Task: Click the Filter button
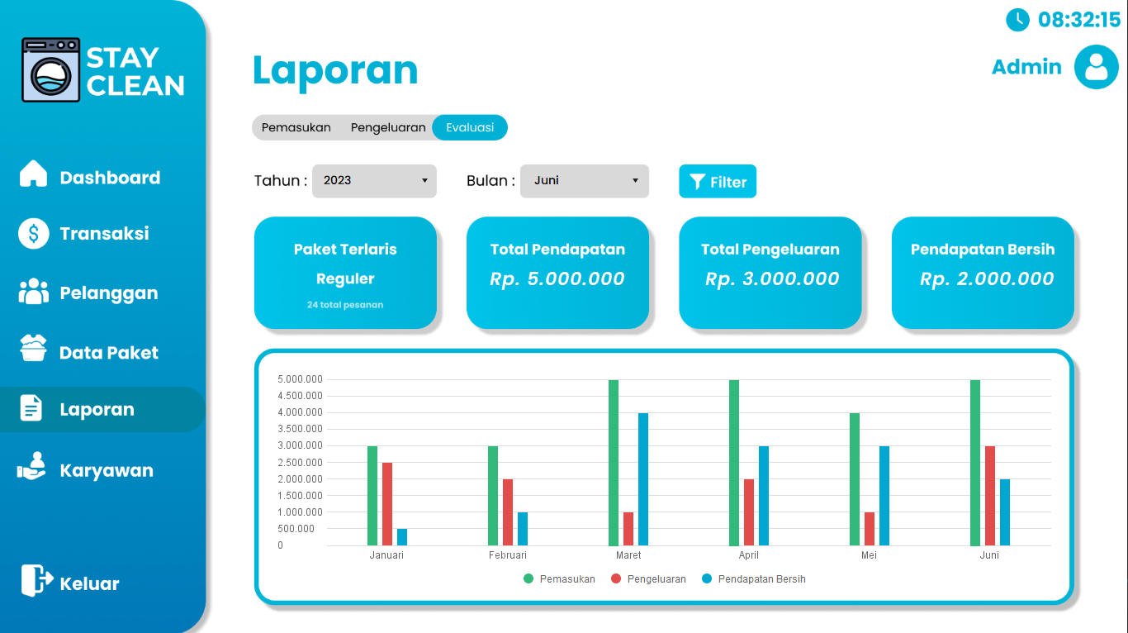(717, 182)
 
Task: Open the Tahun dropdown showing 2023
(374, 180)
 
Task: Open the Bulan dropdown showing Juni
(584, 180)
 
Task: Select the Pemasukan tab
(296, 127)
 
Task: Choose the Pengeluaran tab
(388, 127)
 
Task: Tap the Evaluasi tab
(470, 127)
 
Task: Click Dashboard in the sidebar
(110, 178)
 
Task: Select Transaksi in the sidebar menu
(104, 233)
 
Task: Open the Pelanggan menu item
(108, 293)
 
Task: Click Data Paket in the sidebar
(108, 353)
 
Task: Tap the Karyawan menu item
(106, 471)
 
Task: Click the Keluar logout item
(89, 583)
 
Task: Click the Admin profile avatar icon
(1096, 67)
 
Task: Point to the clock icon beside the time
(1017, 19)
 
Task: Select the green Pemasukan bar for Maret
(614, 462)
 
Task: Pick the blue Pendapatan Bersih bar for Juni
(1005, 512)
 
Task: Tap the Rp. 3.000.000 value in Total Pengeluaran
(771, 279)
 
